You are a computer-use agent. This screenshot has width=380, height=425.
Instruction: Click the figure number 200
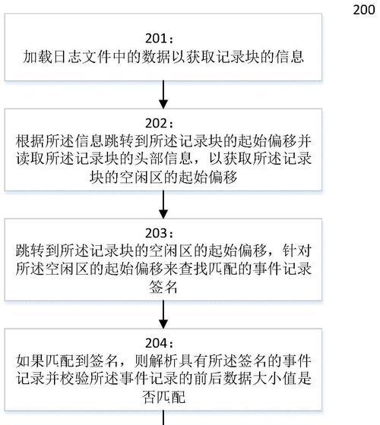[364, 10]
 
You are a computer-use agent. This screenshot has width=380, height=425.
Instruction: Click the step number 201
[156, 38]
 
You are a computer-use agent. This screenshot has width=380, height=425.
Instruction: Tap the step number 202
[156, 123]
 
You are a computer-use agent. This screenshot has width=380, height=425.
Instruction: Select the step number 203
[156, 233]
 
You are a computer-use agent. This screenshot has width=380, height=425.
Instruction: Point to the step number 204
[156, 343]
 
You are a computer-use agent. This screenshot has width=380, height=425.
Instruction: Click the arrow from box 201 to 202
[163, 95]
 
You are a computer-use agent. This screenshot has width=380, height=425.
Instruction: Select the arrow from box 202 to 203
[163, 204]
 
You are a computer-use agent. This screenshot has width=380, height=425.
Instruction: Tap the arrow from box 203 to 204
[163, 314]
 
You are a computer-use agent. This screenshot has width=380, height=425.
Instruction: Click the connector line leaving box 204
[163, 417]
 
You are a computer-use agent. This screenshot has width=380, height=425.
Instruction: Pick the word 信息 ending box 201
[290, 57]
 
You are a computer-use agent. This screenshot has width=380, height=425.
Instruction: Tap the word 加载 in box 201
[37, 57]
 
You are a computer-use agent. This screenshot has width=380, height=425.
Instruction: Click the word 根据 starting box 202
[30, 141]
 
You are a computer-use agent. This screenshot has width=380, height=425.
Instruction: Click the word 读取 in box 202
[30, 159]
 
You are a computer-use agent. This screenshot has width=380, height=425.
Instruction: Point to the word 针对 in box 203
[296, 250]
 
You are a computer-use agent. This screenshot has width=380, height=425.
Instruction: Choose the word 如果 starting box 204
[30, 361]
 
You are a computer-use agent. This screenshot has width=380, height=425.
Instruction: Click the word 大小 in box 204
[267, 379]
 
